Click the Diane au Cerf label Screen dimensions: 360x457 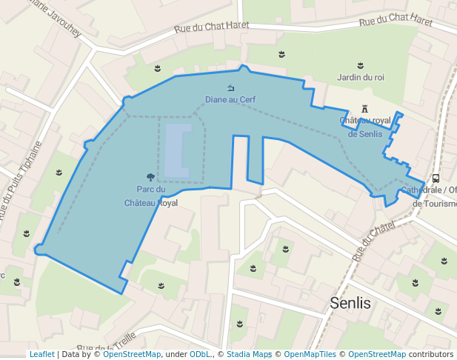pos(230,99)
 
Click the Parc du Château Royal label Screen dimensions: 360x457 pos(151,196)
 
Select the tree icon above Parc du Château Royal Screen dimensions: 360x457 pos(151,177)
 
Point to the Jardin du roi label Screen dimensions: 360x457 pos(360,77)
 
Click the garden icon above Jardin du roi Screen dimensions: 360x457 pos(360,66)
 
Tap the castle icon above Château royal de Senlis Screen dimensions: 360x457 pos(364,109)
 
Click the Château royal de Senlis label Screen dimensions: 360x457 pos(364,127)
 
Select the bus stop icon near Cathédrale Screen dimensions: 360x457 pos(436,178)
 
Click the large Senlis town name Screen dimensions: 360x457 pos(350,303)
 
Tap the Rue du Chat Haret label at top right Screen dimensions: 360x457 pos(395,19)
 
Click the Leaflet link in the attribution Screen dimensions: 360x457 pos(41,354)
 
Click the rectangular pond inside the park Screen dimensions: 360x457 pos(177,150)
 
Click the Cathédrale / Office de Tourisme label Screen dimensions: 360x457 pos(430,196)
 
